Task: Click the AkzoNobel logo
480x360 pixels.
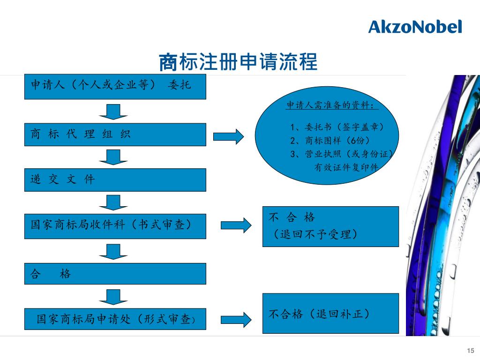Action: pos(415,27)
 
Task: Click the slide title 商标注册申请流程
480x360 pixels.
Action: pos(238,62)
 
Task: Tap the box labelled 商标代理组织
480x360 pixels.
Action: pos(115,135)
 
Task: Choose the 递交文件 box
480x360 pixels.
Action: pos(115,180)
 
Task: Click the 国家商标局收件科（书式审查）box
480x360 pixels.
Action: pos(115,226)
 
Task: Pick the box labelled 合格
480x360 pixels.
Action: pos(115,274)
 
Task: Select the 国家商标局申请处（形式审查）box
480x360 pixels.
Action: pos(115,320)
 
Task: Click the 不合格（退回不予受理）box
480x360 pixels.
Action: pos(330,226)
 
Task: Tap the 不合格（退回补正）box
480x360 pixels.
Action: pos(330,314)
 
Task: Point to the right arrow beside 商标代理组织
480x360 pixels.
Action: pos(228,136)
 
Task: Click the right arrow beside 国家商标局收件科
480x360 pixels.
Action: pos(236,225)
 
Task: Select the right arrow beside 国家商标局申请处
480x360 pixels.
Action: pos(236,320)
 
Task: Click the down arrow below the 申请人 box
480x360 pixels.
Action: pos(113,111)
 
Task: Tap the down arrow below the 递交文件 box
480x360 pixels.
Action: pos(113,202)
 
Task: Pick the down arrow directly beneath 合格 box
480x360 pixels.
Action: pos(113,297)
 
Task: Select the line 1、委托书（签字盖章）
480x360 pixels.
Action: pos(337,127)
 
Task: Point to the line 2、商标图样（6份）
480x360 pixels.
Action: pos(333,140)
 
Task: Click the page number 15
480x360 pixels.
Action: pos(471,351)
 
